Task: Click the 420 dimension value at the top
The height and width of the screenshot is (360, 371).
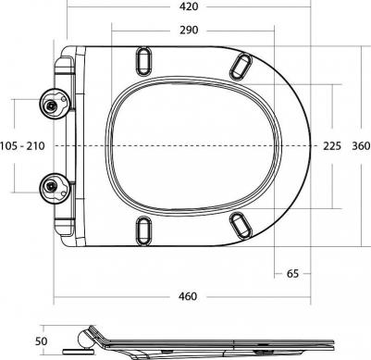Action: coord(189,6)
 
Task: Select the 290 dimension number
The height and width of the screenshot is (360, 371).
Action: coord(189,31)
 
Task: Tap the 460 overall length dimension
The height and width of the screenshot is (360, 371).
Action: coord(188,296)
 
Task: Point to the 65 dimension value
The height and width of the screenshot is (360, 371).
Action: coord(292,273)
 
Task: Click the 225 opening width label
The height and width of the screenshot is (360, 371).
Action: coord(332,146)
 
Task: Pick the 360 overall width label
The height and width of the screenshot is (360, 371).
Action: coord(361,146)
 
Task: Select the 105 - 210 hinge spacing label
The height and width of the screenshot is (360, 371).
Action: coord(22,146)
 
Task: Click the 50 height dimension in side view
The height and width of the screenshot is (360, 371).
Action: coord(41,341)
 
